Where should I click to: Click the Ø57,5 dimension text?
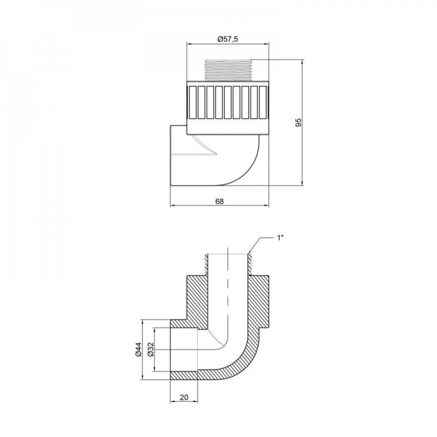point(227,39)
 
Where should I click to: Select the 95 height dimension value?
point(299,122)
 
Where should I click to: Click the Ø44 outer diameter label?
point(138,350)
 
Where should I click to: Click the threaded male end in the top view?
point(227,70)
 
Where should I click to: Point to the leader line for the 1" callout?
point(258,243)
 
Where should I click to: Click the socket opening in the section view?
point(184,350)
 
